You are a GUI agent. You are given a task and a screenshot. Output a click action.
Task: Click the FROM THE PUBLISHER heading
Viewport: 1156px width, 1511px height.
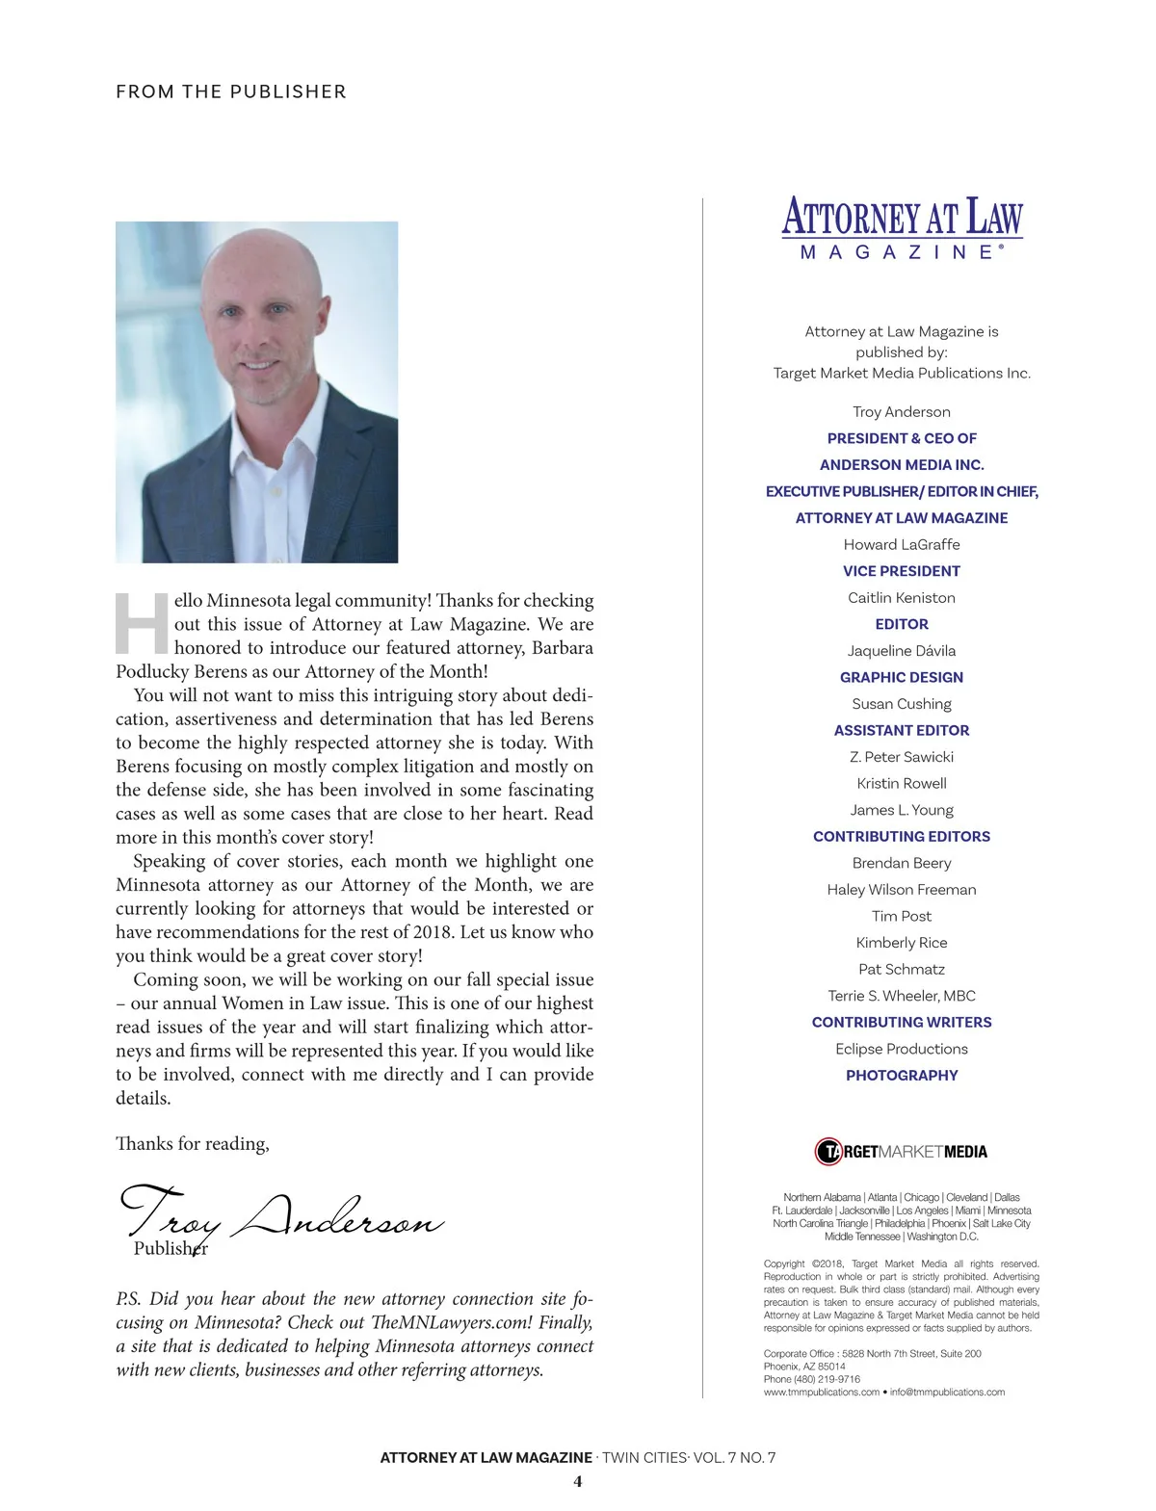click(x=230, y=91)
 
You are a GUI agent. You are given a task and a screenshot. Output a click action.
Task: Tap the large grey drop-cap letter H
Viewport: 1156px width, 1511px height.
click(x=143, y=624)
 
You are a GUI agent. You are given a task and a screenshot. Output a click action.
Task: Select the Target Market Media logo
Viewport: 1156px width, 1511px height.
click(x=902, y=1151)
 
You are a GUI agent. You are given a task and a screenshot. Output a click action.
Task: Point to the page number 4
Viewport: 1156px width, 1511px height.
click(x=578, y=1481)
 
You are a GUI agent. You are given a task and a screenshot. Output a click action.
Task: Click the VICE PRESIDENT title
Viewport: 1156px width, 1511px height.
click(x=902, y=571)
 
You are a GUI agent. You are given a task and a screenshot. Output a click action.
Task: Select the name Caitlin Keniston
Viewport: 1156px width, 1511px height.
click(x=902, y=598)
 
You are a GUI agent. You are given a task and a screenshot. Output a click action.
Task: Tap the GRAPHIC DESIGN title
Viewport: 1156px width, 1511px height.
click(x=902, y=677)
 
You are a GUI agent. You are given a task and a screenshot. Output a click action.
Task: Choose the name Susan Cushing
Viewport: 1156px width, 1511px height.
click(x=902, y=704)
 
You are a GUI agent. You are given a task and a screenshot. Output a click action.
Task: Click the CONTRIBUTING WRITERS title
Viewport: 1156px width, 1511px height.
click(x=902, y=1022)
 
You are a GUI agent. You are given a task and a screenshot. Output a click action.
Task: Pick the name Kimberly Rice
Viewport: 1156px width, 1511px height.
click(x=902, y=943)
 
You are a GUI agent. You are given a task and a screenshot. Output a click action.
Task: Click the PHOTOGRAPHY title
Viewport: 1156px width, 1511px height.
click(x=902, y=1075)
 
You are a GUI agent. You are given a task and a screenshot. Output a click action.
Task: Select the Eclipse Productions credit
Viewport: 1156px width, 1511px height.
click(x=902, y=1049)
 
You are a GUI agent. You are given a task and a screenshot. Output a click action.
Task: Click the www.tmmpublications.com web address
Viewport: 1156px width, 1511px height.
click(x=822, y=1392)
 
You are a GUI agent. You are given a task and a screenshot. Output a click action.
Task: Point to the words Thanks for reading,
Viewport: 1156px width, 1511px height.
click(x=193, y=1144)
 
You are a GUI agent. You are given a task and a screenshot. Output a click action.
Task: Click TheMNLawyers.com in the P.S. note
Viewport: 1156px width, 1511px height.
click(x=441, y=1323)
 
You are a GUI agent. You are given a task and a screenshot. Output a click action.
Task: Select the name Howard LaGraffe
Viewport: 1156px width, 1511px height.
click(x=902, y=545)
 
